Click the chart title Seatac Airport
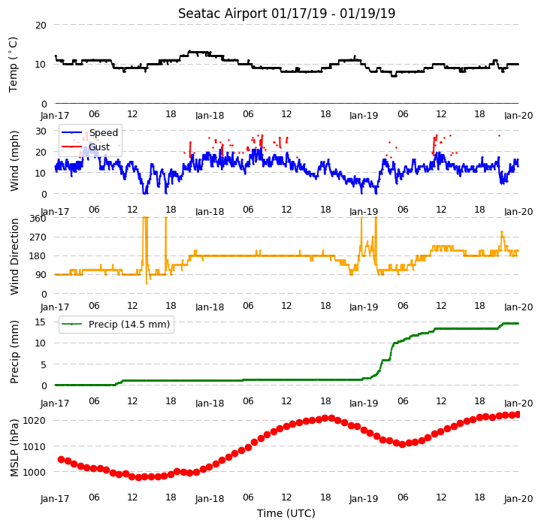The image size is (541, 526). (x=223, y=14)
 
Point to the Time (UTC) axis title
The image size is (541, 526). (x=286, y=513)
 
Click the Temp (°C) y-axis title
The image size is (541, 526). (x=13, y=65)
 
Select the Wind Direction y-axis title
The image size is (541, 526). (x=14, y=256)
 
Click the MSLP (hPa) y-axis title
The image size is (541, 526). (x=14, y=448)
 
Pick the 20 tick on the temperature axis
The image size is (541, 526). (x=41, y=26)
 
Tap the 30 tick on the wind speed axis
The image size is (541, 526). (x=41, y=131)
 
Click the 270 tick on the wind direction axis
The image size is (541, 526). (x=38, y=237)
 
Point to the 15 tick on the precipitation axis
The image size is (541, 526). (x=41, y=322)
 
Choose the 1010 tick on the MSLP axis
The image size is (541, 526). (x=34, y=446)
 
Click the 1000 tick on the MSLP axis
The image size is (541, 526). (x=34, y=472)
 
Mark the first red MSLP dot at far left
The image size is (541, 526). (x=62, y=459)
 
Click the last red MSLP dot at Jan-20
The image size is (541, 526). (x=518, y=415)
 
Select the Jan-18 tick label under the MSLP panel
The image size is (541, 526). (x=210, y=499)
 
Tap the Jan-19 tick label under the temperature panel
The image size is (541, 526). (x=364, y=115)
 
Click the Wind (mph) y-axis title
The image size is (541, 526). (x=14, y=161)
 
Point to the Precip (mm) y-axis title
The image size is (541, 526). (x=14, y=352)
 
